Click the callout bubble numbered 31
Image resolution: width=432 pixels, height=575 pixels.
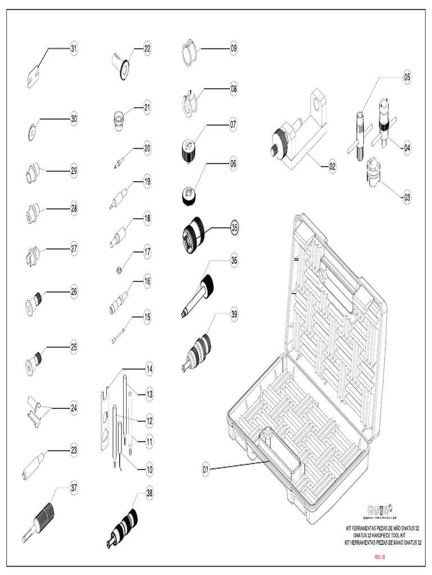(x=74, y=49)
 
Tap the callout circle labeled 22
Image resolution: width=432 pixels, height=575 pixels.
(x=147, y=49)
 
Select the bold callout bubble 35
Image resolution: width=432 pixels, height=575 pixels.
(x=235, y=228)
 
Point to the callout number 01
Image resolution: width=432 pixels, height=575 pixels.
(x=206, y=468)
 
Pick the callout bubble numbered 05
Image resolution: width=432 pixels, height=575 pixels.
(x=407, y=78)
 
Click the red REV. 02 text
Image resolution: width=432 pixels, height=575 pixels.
(x=382, y=556)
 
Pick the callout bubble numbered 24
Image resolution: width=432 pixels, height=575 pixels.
(x=74, y=408)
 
